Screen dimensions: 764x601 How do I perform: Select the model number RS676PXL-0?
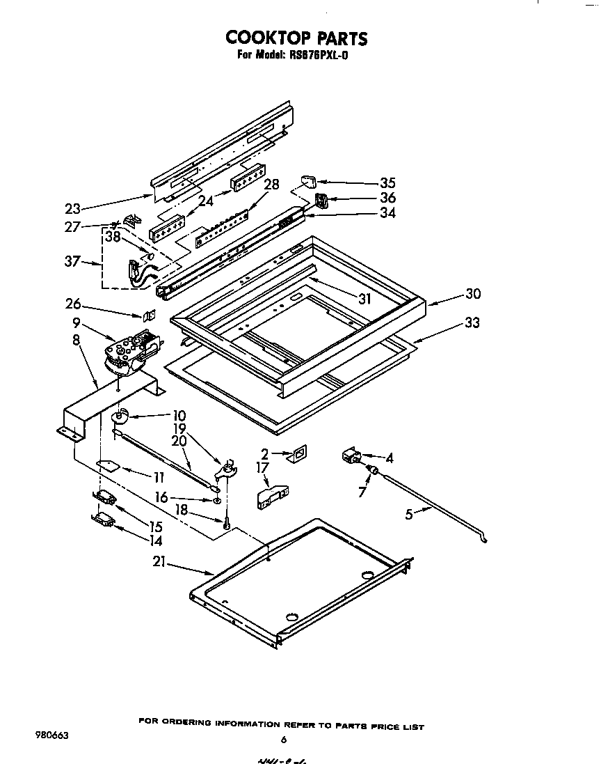[x=317, y=56]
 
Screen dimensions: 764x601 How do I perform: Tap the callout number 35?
[x=387, y=183]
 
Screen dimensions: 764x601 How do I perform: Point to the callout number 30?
[x=473, y=294]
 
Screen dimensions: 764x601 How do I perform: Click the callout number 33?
[x=473, y=323]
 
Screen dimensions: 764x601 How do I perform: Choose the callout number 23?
[x=72, y=208]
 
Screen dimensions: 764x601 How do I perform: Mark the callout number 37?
[x=72, y=262]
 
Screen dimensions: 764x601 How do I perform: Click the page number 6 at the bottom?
[x=283, y=740]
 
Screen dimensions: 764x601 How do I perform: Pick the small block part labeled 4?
[x=349, y=458]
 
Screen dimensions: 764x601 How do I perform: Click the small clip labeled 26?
[x=148, y=314]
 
